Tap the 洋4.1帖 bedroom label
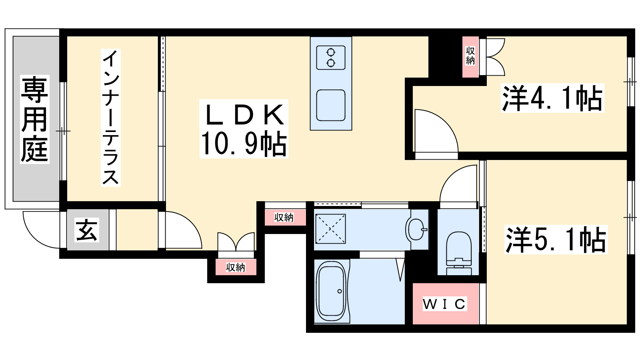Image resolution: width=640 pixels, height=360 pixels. (x=552, y=98)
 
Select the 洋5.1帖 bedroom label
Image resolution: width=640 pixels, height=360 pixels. (x=556, y=240)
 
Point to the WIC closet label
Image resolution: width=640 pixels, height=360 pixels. (x=444, y=304)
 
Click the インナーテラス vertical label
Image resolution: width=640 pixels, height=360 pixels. (x=110, y=118)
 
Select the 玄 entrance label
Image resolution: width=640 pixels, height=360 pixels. (x=87, y=230)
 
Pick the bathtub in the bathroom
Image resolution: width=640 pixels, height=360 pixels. (x=332, y=292)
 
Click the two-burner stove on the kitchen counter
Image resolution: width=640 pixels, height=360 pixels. (x=331, y=58)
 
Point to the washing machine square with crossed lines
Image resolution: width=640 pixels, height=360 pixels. (x=330, y=228)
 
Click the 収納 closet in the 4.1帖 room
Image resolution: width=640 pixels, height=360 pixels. (x=470, y=56)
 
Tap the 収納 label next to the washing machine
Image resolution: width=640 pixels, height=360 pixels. (x=284, y=218)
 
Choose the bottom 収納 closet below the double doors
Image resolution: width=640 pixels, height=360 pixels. (x=236, y=267)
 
